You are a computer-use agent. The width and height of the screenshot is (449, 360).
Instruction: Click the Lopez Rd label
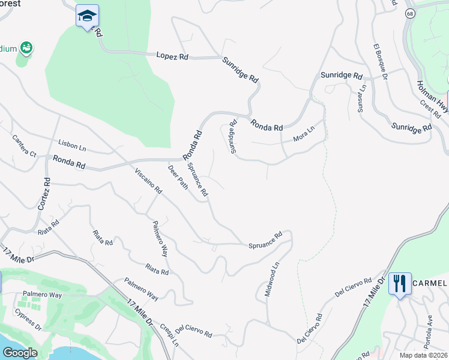172,56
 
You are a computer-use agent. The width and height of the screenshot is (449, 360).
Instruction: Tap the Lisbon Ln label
72,145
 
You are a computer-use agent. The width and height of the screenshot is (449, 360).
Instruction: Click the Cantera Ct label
24,146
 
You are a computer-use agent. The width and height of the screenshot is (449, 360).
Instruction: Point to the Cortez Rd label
43,194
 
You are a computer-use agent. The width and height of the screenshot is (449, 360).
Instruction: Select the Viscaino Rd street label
148,181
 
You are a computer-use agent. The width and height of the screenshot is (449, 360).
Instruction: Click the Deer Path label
178,177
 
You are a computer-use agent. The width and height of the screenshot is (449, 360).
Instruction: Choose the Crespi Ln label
169,336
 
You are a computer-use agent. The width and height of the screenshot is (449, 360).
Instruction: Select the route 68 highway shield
409,13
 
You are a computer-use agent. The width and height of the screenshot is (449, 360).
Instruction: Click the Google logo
20,353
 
